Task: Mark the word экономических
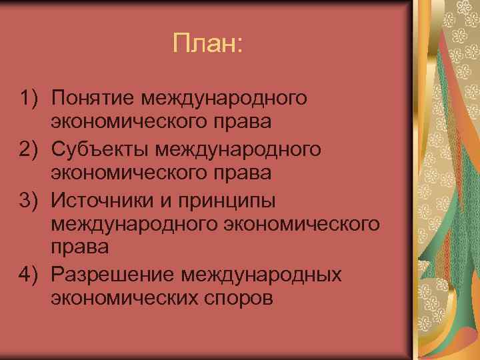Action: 121,298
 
